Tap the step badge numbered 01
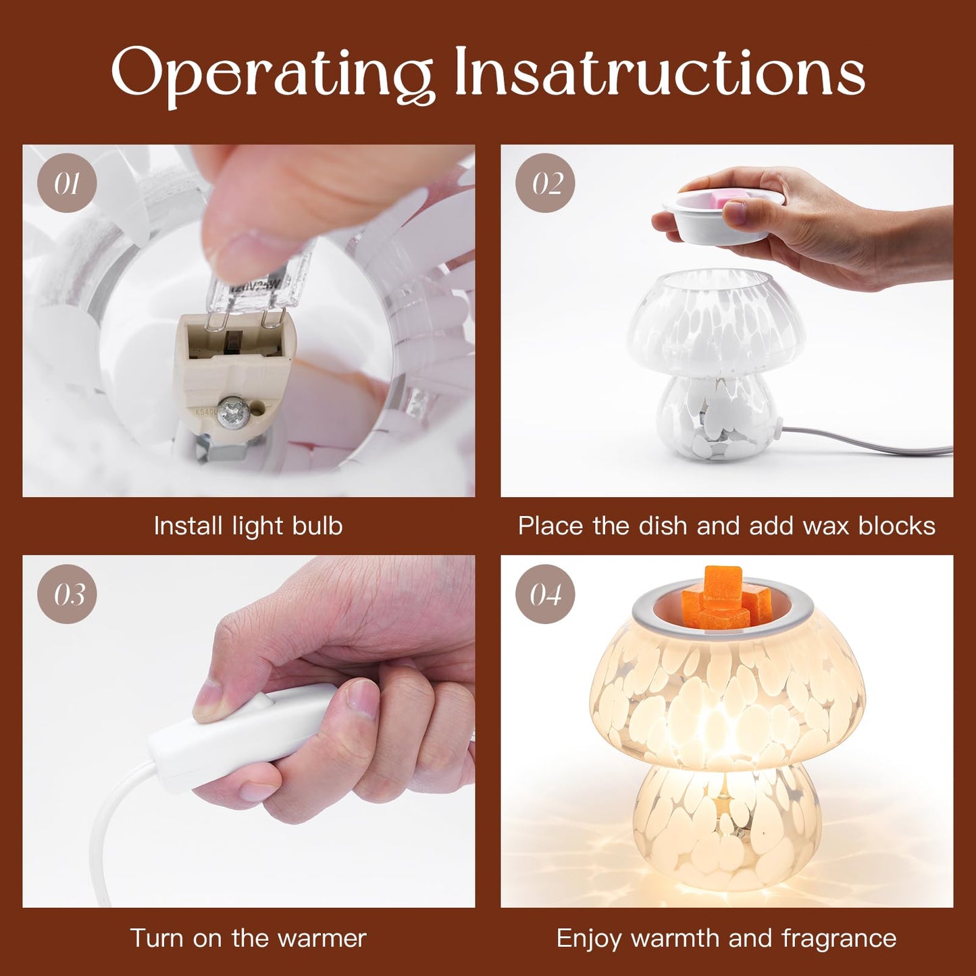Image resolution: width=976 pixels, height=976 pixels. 67,183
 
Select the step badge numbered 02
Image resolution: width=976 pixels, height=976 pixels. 545,183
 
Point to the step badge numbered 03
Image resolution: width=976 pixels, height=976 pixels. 67,594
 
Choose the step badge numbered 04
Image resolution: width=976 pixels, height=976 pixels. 545,594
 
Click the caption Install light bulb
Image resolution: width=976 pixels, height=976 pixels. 248,526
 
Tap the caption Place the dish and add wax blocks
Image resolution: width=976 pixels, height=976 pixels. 727,526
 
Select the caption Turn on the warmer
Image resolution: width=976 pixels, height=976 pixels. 248,938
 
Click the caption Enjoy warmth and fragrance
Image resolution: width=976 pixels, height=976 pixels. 727,938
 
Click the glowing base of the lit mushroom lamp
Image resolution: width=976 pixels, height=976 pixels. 727,827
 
